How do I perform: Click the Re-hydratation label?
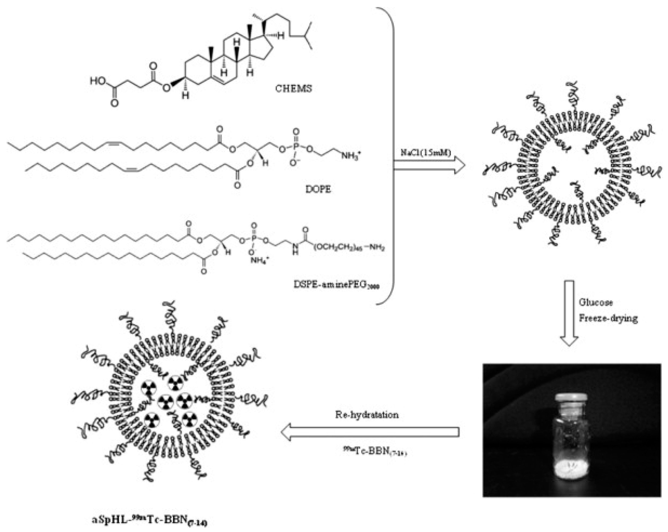(367, 415)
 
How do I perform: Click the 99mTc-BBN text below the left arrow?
(375, 452)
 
